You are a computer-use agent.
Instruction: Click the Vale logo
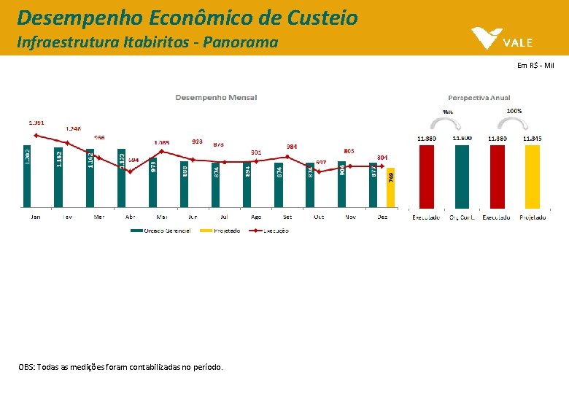tap(503, 38)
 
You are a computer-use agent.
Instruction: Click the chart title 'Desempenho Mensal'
tap(215, 97)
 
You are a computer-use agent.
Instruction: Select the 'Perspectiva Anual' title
tap(479, 97)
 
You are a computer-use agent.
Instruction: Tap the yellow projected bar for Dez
tap(390, 188)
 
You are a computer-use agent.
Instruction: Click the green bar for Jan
tap(27, 175)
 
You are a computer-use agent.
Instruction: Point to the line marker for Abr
tap(130, 171)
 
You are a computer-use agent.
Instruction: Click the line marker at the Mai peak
tap(161, 152)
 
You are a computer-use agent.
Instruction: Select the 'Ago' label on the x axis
tap(256, 217)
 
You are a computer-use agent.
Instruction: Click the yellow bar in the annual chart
tap(531, 177)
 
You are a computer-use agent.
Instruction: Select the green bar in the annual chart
tap(462, 177)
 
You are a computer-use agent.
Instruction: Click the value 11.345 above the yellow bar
tap(532, 138)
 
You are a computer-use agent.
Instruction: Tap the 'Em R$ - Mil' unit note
tap(535, 66)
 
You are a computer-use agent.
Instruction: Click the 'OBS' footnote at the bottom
tap(120, 366)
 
